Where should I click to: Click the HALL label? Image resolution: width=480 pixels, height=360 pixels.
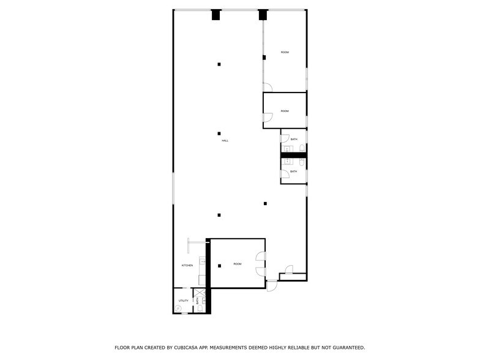(x=225, y=141)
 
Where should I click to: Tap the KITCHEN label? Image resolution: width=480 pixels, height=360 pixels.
(x=187, y=265)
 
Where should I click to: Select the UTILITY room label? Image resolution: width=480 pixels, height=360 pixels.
(x=183, y=301)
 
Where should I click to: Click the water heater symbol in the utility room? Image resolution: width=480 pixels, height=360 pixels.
(x=178, y=310)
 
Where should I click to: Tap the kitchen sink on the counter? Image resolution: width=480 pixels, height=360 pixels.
(x=202, y=261)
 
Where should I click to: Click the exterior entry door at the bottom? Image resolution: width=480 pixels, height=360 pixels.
(x=271, y=286)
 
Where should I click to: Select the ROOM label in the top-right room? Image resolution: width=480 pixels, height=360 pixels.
(x=285, y=53)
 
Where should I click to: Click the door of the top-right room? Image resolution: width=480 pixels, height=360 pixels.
(x=267, y=87)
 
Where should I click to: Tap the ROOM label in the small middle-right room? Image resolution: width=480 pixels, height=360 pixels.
(x=285, y=111)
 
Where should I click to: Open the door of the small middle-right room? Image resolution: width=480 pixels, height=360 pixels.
(x=267, y=118)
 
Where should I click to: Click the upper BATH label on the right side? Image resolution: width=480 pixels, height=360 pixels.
(x=294, y=140)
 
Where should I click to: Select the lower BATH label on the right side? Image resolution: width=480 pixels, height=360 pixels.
(x=294, y=171)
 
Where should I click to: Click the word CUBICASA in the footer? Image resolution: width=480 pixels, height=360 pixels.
(x=186, y=347)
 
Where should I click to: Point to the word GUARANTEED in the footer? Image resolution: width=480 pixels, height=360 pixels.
(x=343, y=347)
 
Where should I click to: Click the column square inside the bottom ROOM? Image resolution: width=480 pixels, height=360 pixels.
(x=219, y=266)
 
